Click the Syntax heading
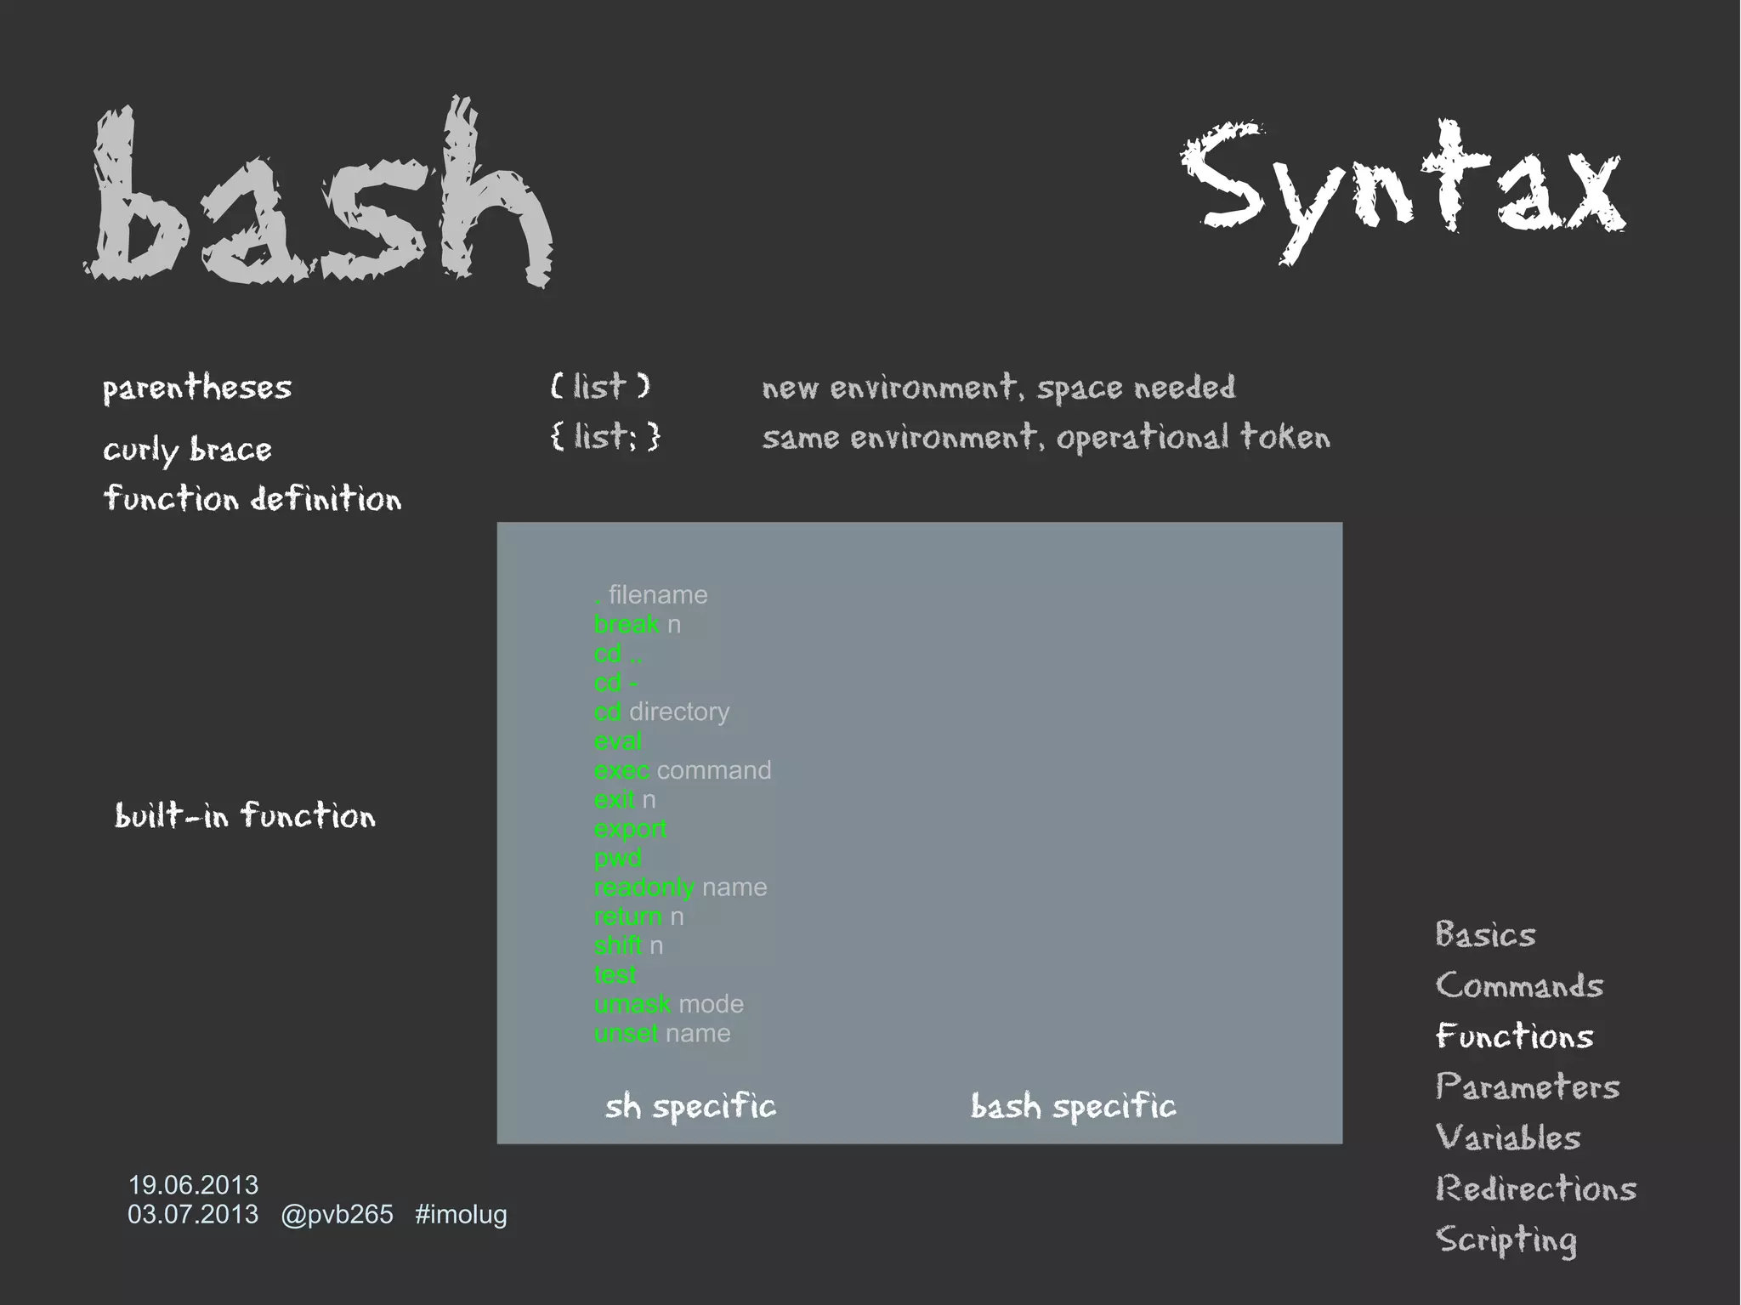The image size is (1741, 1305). click(x=1403, y=187)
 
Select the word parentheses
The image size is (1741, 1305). click(x=197, y=388)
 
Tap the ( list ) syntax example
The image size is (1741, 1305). click(x=600, y=387)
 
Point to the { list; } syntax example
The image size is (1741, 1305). click(x=604, y=437)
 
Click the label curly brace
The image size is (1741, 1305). click(x=187, y=449)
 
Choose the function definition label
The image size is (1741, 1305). click(x=252, y=498)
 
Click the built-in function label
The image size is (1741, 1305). click(x=245, y=815)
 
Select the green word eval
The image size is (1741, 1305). click(x=618, y=741)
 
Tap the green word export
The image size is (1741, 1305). click(x=630, y=829)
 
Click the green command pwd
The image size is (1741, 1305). click(x=618, y=858)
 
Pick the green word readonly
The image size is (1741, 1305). click(x=644, y=888)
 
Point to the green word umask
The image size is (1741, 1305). click(x=632, y=1004)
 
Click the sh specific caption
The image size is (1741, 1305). click(x=690, y=1106)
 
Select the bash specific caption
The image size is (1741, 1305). click(x=1073, y=1106)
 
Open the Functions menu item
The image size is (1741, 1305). click(x=1514, y=1036)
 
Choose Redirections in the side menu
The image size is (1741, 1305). click(x=1535, y=1189)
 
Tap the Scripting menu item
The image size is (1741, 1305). click(x=1506, y=1240)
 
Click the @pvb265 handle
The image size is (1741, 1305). click(x=337, y=1214)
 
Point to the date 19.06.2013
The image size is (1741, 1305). click(x=193, y=1184)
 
